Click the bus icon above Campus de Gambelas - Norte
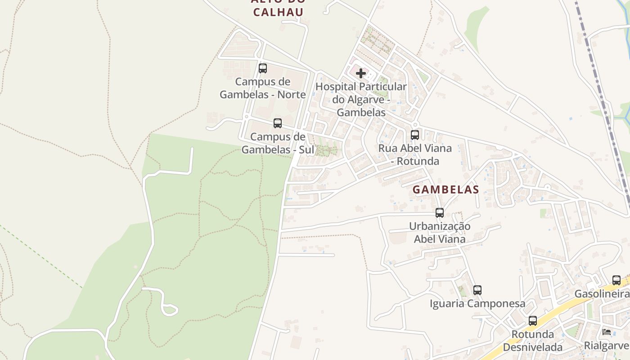[263, 68]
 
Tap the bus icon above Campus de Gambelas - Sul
[278, 123]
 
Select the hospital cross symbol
[361, 73]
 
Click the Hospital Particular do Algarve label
[361, 99]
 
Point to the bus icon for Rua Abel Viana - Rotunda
[415, 135]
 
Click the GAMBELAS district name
[445, 190]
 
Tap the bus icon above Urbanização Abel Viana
[440, 213]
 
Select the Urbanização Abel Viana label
[440, 233]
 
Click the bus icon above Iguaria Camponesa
[477, 290]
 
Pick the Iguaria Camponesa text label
[477, 304]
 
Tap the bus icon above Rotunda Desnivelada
[533, 321]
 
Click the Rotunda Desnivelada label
[533, 341]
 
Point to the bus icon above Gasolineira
[616, 280]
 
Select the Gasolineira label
[602, 294]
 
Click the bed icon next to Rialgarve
[607, 332]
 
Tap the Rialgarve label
[607, 346]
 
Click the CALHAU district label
[278, 12]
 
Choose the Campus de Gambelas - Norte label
[263, 88]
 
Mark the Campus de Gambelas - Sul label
[278, 143]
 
